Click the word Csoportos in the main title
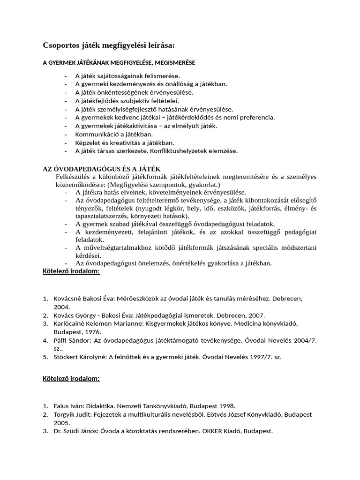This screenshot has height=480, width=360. [x=62, y=45]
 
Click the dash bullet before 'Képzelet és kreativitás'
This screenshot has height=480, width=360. [x=66, y=142]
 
